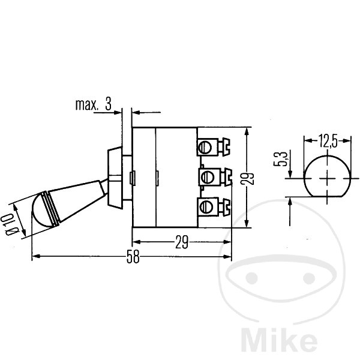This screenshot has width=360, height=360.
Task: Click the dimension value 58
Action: click(133, 257)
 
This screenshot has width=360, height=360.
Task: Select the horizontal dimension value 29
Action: click(182, 242)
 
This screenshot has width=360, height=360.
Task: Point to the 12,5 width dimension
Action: click(328, 141)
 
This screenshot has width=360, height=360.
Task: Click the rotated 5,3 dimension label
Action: click(280, 158)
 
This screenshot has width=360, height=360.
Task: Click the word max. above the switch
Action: click(86, 104)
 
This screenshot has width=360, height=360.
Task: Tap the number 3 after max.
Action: click(108, 104)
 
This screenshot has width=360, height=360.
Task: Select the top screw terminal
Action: click(213, 147)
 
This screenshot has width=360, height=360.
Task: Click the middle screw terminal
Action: click(215, 177)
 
